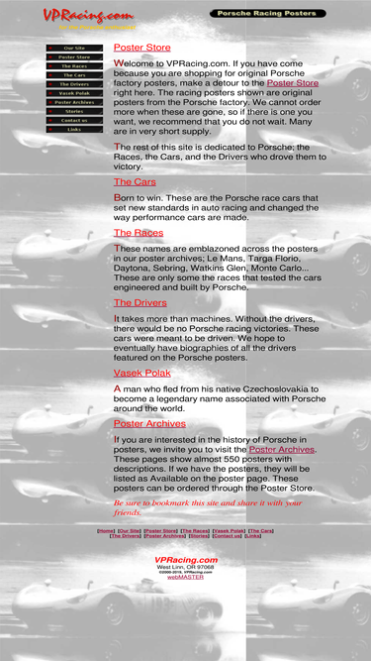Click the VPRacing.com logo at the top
(88, 15)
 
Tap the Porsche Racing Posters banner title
(267, 14)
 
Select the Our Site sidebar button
(74, 48)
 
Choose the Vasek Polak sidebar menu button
(74, 93)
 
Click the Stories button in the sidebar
(74, 111)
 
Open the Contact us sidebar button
(74, 120)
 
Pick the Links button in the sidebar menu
(74, 129)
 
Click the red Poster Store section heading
(141, 48)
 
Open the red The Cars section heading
(135, 182)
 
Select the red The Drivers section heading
(139, 302)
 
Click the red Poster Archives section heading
(149, 423)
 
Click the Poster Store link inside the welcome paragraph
(293, 83)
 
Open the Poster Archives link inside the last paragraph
(282, 449)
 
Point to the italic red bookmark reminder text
(208, 507)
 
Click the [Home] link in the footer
(106, 530)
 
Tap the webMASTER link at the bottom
(185, 576)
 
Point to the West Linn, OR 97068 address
(185, 567)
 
